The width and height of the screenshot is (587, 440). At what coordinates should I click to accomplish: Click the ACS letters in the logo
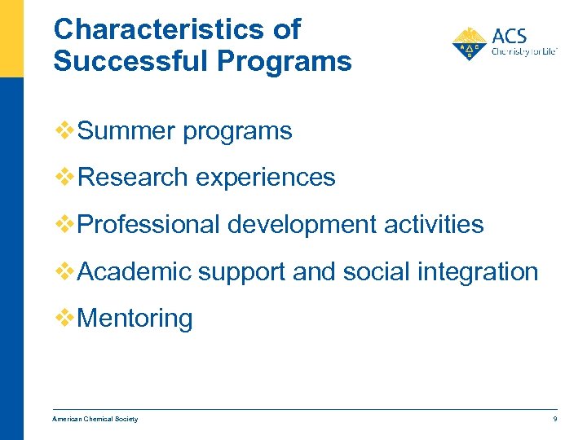[510, 37]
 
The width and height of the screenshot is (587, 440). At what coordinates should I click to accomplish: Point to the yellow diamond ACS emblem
[469, 44]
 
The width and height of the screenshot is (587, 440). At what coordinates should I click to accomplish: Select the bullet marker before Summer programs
[64, 130]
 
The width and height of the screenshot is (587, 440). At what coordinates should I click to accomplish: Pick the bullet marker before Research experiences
[64, 177]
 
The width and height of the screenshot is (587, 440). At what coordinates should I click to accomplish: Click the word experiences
[267, 177]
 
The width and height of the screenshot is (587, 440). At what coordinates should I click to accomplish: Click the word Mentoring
[135, 318]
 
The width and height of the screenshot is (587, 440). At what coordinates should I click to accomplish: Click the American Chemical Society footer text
[95, 419]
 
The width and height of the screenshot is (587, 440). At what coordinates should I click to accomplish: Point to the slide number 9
[554, 419]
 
